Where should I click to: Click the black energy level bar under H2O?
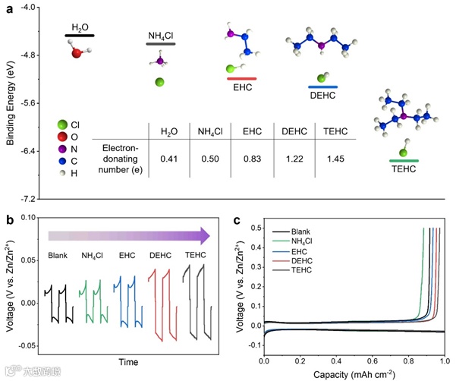pos(80,35)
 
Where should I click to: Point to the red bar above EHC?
pos(241,78)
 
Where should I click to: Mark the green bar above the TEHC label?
pos(404,161)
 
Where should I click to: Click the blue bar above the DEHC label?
pos(323,87)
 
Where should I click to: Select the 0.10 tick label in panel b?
pos(27,218)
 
